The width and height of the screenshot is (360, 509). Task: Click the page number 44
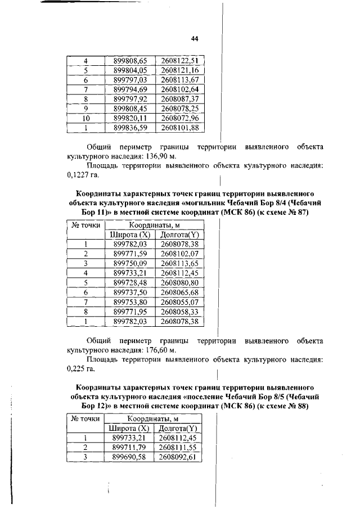tap(195, 39)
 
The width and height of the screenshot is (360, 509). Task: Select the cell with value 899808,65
tap(130, 61)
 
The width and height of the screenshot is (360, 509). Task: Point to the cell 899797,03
tap(130, 80)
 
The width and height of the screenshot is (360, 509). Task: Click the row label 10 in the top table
tap(86, 118)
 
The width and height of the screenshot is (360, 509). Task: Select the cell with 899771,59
tap(130, 254)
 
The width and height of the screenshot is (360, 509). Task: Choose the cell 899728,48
tap(130, 282)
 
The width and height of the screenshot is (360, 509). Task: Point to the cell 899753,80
tap(130, 301)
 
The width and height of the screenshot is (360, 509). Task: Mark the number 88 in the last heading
tap(303, 407)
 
